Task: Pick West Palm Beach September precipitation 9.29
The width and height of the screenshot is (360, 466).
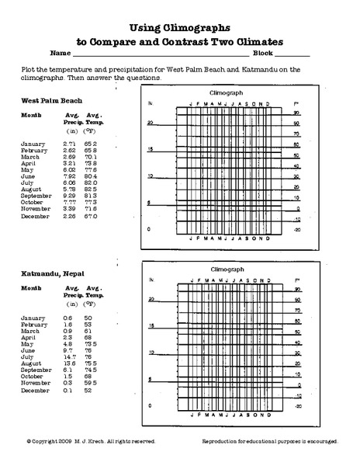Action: tap(70, 195)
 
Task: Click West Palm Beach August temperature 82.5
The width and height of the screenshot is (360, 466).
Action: tap(91, 189)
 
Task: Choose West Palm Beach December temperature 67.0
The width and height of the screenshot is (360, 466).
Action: tap(91, 216)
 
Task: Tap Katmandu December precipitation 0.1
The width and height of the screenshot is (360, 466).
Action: tap(68, 390)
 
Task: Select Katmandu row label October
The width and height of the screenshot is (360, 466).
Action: tap(32, 376)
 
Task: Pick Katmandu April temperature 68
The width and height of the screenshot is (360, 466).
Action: tap(88, 337)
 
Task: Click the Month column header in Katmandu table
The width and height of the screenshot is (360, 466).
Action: tap(31, 288)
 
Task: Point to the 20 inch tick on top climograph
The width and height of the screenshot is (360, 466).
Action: tap(151, 123)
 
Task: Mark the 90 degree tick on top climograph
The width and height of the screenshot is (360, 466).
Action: tap(296, 113)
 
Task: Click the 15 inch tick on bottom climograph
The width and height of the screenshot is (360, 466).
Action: tap(151, 326)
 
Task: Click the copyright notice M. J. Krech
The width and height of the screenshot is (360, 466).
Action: tap(92, 440)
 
